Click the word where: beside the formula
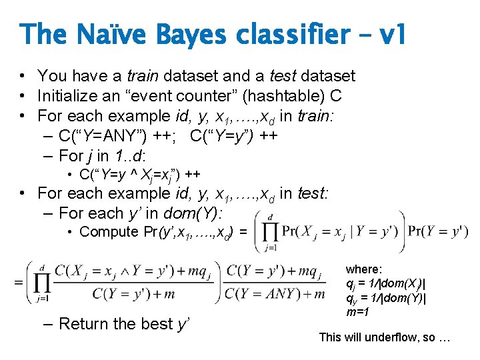[x=364, y=270]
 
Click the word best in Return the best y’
[x=152, y=324]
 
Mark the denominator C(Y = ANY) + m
[x=275, y=294]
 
